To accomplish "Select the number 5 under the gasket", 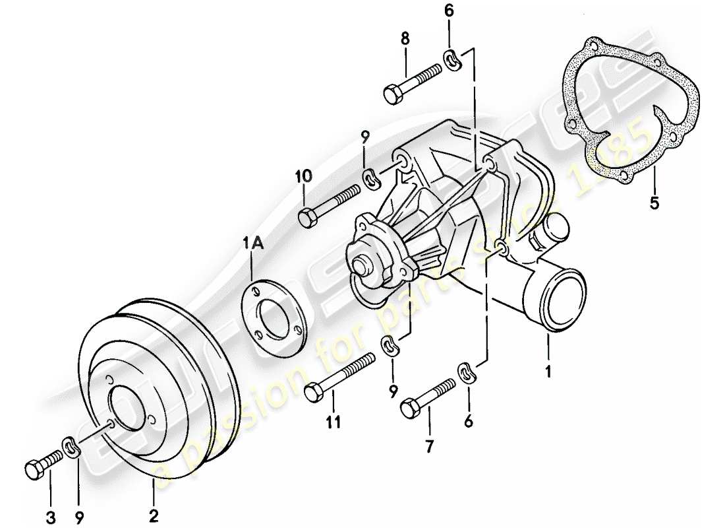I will [653, 204].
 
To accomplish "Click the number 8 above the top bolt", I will [405, 39].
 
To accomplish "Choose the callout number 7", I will [429, 447].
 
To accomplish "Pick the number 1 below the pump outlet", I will [548, 371].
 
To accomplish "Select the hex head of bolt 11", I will [314, 392].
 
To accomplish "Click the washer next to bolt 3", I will [71, 447].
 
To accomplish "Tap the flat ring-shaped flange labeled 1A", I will [274, 313].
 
